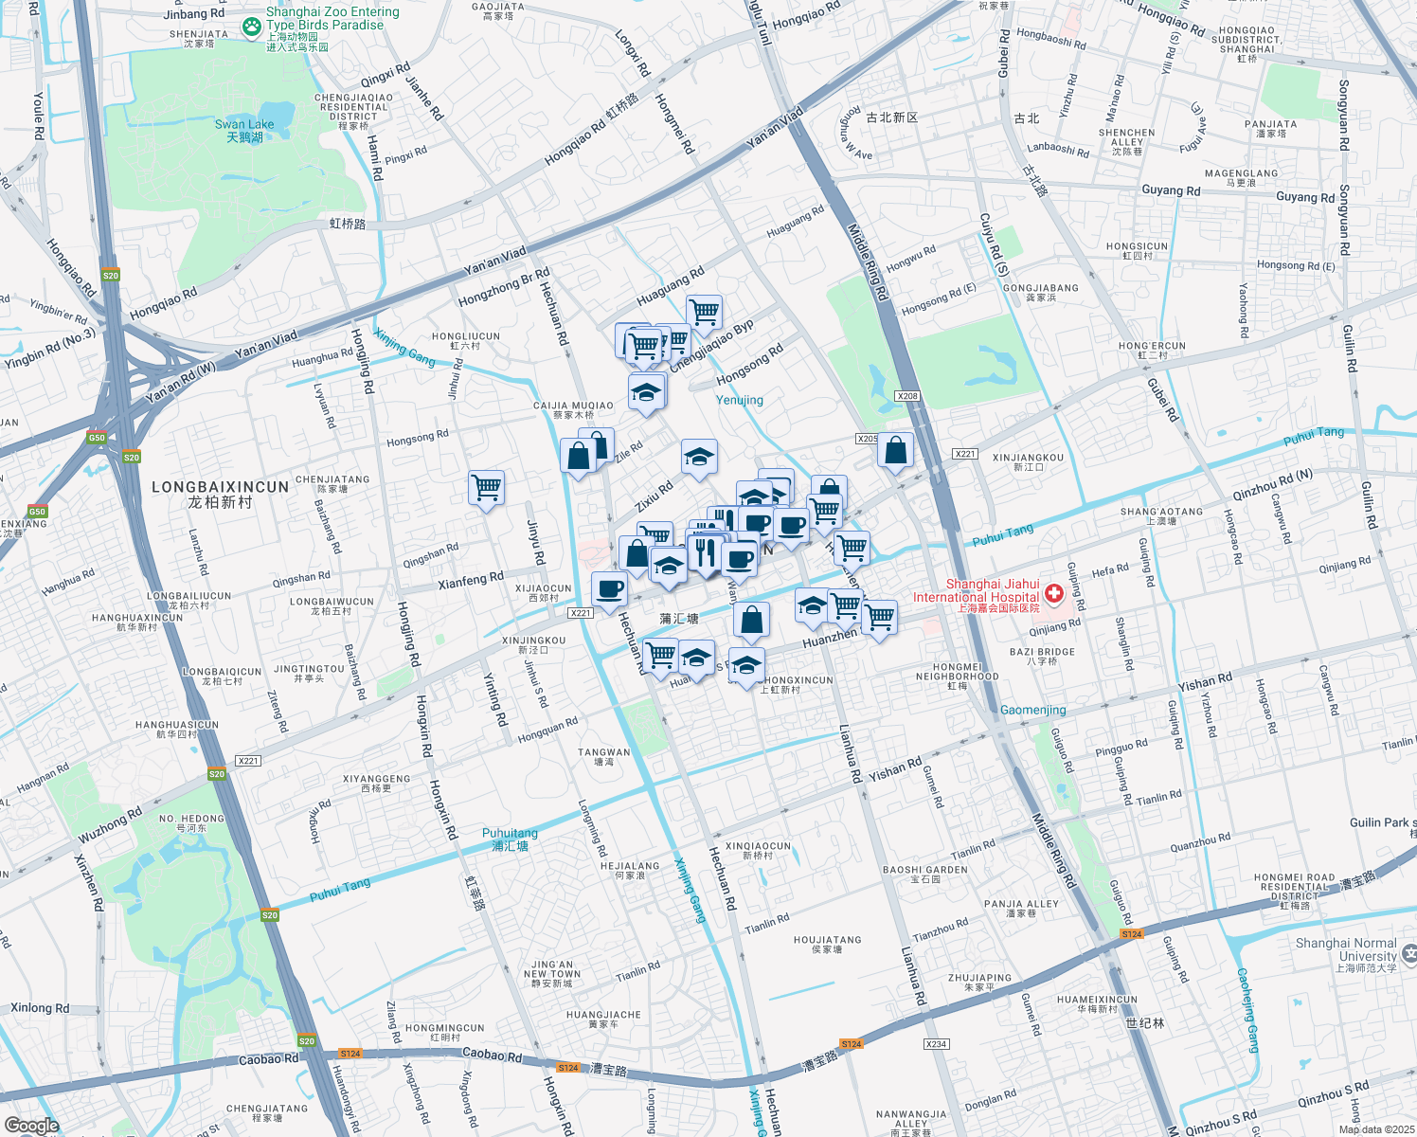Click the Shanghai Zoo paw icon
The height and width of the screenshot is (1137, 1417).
251,27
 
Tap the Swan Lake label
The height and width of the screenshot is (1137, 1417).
244,131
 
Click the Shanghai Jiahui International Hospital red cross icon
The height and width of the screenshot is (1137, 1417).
1053,594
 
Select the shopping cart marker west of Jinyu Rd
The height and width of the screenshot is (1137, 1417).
486,488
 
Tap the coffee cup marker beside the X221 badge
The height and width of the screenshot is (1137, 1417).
609,589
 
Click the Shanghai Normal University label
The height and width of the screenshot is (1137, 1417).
1346,954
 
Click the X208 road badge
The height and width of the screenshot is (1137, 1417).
906,396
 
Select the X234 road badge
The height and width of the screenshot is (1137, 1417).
935,1043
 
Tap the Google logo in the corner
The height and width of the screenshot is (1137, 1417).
31,1126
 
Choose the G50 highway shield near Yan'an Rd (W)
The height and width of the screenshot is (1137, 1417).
97,438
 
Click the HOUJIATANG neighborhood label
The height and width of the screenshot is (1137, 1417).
827,944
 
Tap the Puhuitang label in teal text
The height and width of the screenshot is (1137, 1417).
510,839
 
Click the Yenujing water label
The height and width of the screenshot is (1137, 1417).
740,400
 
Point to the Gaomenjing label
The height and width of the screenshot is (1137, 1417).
1032,710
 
